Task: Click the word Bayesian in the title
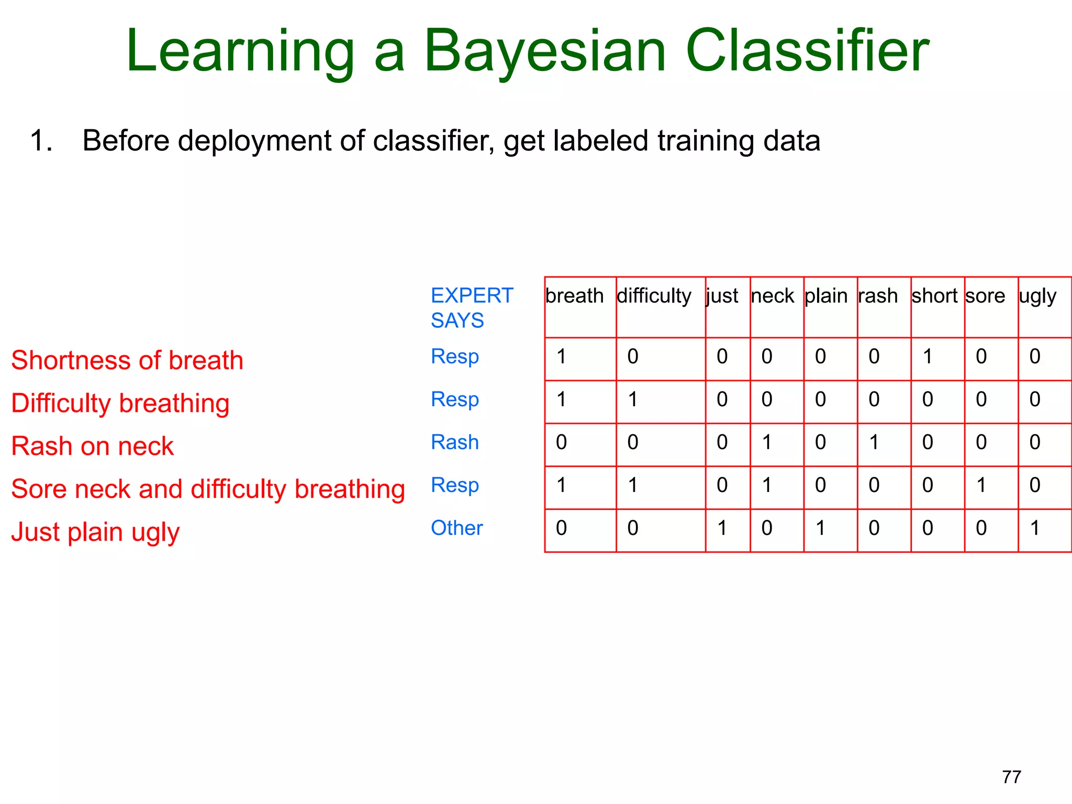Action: point(544,51)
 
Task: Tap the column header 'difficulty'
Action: point(654,296)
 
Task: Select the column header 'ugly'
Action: point(1037,296)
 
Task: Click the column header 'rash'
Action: point(878,296)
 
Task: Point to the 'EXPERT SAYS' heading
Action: point(471,308)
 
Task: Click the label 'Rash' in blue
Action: point(454,442)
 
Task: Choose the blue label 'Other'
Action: point(456,528)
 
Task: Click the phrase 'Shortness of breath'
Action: point(127,361)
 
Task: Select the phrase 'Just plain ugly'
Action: point(95,532)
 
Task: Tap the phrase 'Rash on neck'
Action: point(92,446)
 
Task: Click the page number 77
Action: point(1011,777)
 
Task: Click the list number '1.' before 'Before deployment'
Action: point(41,141)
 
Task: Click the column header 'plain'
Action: point(825,296)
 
